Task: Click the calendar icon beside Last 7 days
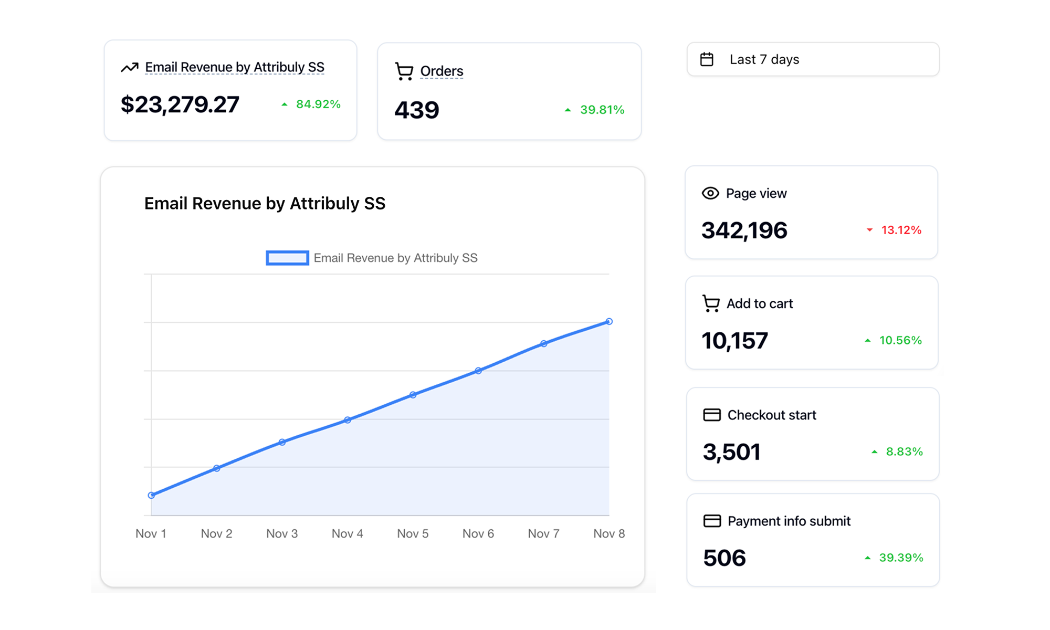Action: [x=707, y=59]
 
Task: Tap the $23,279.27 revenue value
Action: [x=180, y=104]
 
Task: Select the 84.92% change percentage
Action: [x=318, y=104]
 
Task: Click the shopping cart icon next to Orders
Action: [x=404, y=71]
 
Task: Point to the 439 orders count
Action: [x=416, y=110]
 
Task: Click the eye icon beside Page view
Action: [x=710, y=193]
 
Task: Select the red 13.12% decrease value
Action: [x=900, y=230]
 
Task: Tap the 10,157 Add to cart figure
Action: [x=734, y=341]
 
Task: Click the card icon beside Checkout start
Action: [x=711, y=415]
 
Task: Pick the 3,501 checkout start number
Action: [x=731, y=452]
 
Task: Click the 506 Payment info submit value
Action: [x=724, y=558]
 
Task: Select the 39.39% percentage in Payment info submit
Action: [x=900, y=558]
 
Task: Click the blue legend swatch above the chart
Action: [x=287, y=258]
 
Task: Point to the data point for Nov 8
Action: [x=609, y=321]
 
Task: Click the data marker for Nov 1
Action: [x=151, y=495]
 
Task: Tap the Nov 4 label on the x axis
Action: [x=347, y=533]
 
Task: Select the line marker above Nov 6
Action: [x=478, y=371]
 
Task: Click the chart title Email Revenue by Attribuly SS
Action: [x=265, y=203]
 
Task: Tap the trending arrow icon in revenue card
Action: [x=130, y=67]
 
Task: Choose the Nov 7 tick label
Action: [x=543, y=533]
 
